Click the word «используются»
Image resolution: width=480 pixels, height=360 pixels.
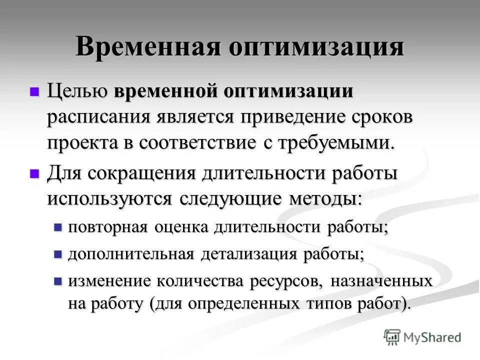[x=109, y=198]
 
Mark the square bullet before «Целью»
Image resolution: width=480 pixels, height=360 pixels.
[x=34, y=92]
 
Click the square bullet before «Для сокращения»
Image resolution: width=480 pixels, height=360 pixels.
[x=34, y=173]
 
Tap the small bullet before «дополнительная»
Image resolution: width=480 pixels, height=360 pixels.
[x=57, y=254]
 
